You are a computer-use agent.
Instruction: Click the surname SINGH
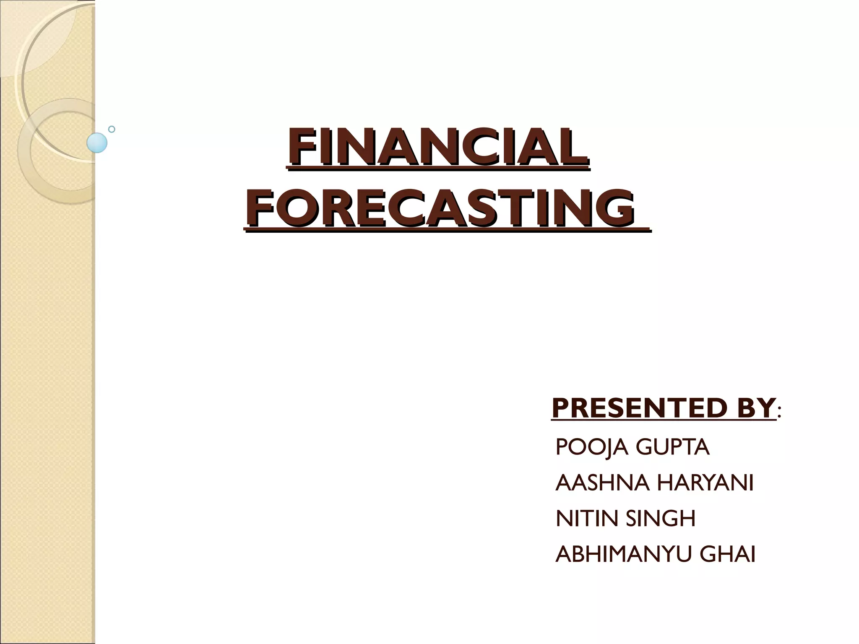[661, 519]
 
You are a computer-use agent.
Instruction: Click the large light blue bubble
[97, 143]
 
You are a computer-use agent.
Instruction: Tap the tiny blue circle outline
[112, 129]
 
